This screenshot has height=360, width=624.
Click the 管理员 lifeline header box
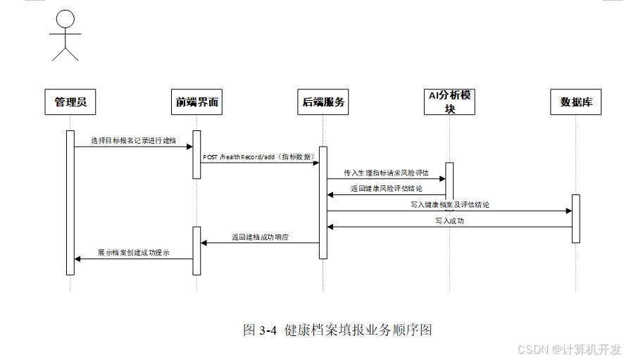click(x=70, y=102)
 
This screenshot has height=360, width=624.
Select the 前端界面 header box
click(x=196, y=102)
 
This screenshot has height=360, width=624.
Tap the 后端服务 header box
click(x=323, y=102)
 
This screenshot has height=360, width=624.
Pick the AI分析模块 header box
click(x=449, y=102)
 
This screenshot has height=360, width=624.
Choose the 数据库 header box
click(x=575, y=102)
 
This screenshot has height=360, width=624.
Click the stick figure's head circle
click(x=65, y=19)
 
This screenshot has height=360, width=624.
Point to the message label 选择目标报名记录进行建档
click(x=133, y=141)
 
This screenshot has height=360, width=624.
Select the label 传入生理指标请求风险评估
click(x=386, y=173)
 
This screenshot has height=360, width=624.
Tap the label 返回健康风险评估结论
click(x=386, y=189)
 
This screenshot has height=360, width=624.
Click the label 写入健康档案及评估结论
click(x=450, y=205)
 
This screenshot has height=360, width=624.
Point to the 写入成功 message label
click(x=450, y=221)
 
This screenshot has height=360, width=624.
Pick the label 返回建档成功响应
click(x=260, y=237)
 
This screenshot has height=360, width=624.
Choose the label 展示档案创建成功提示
click(x=134, y=253)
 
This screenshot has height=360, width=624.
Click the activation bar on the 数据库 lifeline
click(x=576, y=218)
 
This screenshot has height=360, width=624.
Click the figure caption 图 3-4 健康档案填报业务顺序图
click(x=337, y=330)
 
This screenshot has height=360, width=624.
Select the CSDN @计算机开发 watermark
click(x=569, y=349)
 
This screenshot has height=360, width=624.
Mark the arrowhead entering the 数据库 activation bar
click(x=569, y=211)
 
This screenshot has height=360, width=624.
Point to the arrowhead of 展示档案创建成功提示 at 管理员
click(x=77, y=259)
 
